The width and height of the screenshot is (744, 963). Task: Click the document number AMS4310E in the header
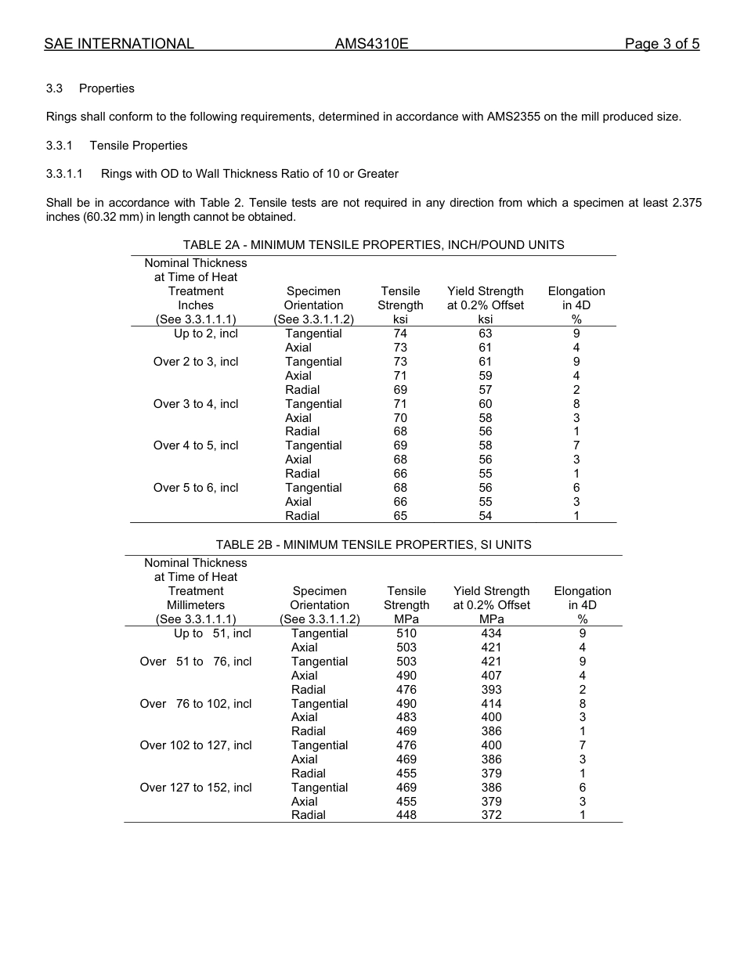(x=371, y=44)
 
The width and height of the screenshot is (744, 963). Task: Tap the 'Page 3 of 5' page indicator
(x=662, y=44)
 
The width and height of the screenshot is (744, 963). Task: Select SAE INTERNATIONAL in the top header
(x=119, y=44)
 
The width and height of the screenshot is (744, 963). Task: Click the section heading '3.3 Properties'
(x=90, y=88)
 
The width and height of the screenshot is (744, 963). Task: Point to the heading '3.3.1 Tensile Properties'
(x=117, y=146)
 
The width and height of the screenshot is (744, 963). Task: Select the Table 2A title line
(x=373, y=245)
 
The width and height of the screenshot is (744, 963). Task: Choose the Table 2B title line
(x=373, y=545)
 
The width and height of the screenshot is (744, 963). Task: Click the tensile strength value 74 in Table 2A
(x=400, y=334)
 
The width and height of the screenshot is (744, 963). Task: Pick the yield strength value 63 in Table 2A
(x=485, y=334)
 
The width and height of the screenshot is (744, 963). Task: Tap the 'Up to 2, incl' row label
(x=206, y=334)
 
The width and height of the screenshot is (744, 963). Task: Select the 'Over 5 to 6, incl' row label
(x=196, y=488)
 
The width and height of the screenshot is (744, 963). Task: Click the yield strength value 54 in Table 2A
(x=485, y=516)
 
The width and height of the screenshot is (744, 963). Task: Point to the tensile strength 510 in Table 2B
(x=406, y=633)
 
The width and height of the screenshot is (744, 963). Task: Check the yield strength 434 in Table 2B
(x=491, y=633)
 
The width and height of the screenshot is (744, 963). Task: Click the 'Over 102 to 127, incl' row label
(x=196, y=745)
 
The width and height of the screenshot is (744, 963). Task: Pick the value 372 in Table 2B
(x=491, y=815)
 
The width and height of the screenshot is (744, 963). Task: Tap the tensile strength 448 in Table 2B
(x=406, y=815)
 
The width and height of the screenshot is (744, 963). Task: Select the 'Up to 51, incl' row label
(x=212, y=633)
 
